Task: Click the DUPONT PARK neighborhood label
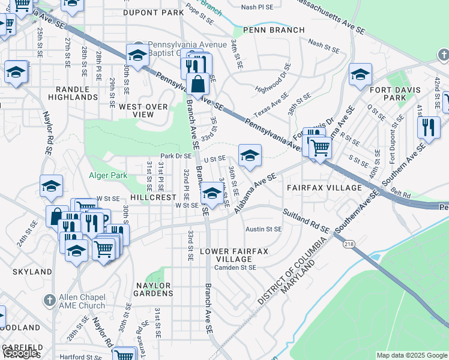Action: [153, 12]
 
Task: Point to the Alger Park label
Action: [106, 175]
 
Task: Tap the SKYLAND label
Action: [32, 272]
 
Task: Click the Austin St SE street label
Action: [264, 229]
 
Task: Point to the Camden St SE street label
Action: [235, 267]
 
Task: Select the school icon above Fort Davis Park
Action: [360, 74]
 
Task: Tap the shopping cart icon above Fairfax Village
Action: [320, 146]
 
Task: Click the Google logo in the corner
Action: [20, 353]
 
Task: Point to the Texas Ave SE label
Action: [267, 108]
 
